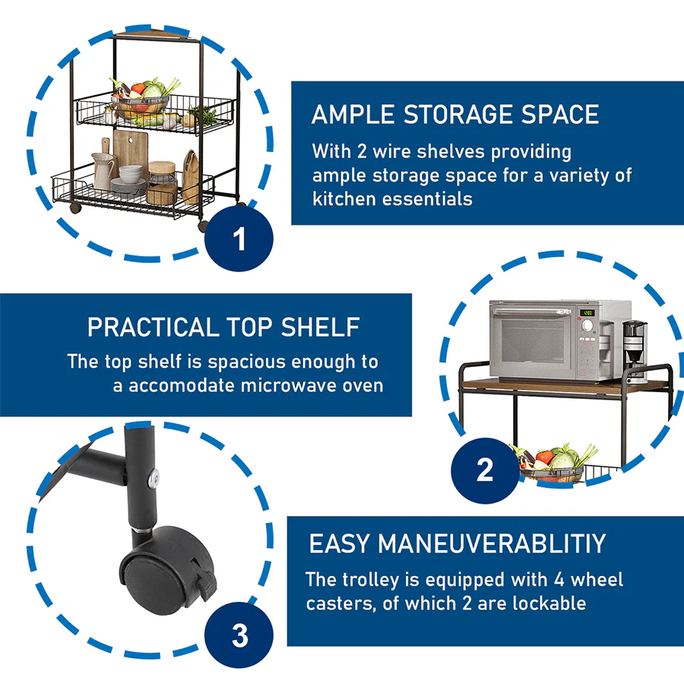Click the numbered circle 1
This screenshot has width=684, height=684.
239,239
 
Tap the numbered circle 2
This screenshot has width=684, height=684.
485,470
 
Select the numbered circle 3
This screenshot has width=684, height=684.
239,635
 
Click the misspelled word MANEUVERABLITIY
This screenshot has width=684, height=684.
492,544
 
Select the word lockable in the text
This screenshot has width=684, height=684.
549,603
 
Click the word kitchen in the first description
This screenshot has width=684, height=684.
344,199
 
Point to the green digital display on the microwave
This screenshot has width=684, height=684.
587,313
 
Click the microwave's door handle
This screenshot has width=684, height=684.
532,312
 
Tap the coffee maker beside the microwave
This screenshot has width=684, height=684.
635,349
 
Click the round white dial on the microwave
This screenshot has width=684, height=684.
587,325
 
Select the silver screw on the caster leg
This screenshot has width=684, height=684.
154,479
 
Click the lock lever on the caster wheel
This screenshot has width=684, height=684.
207,583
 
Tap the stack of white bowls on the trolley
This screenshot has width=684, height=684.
131,173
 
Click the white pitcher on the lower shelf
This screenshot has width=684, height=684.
103,170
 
